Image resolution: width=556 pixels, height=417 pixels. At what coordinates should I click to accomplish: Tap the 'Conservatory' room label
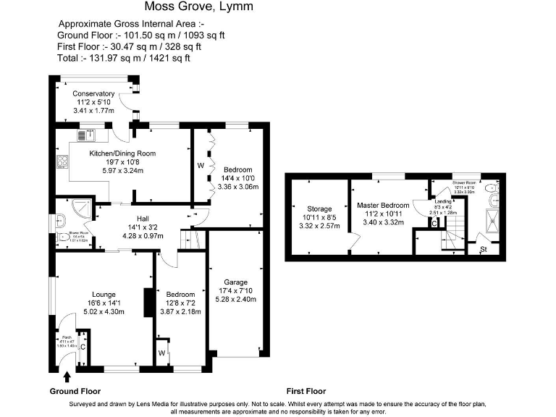point(93,93)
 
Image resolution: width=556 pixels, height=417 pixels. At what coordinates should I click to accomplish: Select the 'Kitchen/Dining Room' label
point(122,153)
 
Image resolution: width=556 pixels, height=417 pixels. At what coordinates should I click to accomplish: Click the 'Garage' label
point(235,282)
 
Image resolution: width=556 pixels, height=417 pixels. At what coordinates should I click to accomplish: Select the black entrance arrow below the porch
point(68,376)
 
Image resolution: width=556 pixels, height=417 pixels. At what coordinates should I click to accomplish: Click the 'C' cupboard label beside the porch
point(83,346)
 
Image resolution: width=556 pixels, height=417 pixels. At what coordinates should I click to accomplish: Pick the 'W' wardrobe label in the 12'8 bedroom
point(161,353)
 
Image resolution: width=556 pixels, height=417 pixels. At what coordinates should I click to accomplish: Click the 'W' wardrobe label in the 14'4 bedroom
point(201,165)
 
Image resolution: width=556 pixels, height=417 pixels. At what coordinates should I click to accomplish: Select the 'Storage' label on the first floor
point(319,208)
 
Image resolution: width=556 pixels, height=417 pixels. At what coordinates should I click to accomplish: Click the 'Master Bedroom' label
point(383,206)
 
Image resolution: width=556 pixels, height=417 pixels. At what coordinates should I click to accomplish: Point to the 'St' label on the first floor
point(484,250)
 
